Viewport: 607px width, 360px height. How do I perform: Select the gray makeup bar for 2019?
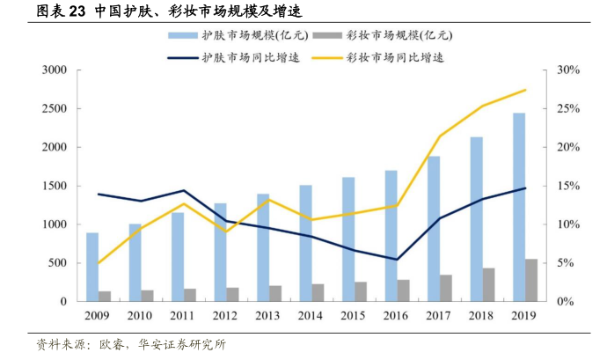pyautogui.click(x=531, y=280)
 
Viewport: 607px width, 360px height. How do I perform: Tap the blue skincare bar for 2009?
pyautogui.click(x=92, y=267)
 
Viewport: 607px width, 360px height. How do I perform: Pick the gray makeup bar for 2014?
pyautogui.click(x=318, y=292)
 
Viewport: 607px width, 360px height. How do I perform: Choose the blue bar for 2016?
pyautogui.click(x=391, y=236)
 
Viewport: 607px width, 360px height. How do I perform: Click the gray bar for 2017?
pyautogui.click(x=446, y=288)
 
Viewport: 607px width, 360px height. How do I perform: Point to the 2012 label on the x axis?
pyautogui.click(x=226, y=315)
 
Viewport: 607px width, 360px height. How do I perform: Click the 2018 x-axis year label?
pyautogui.click(x=482, y=315)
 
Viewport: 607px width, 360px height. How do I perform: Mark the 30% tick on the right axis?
pyautogui.click(x=568, y=70)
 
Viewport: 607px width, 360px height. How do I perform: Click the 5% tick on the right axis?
pyautogui.click(x=566, y=263)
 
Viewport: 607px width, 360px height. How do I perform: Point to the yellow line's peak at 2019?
pyautogui.click(x=525, y=90)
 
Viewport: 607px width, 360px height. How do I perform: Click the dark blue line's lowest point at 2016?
pyautogui.click(x=397, y=260)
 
